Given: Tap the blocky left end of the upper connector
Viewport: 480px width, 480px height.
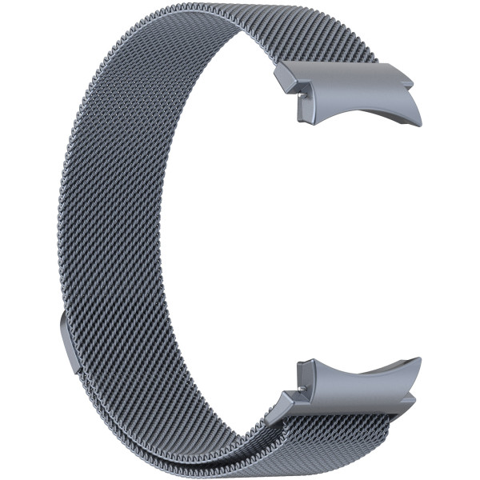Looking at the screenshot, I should [288, 76].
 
